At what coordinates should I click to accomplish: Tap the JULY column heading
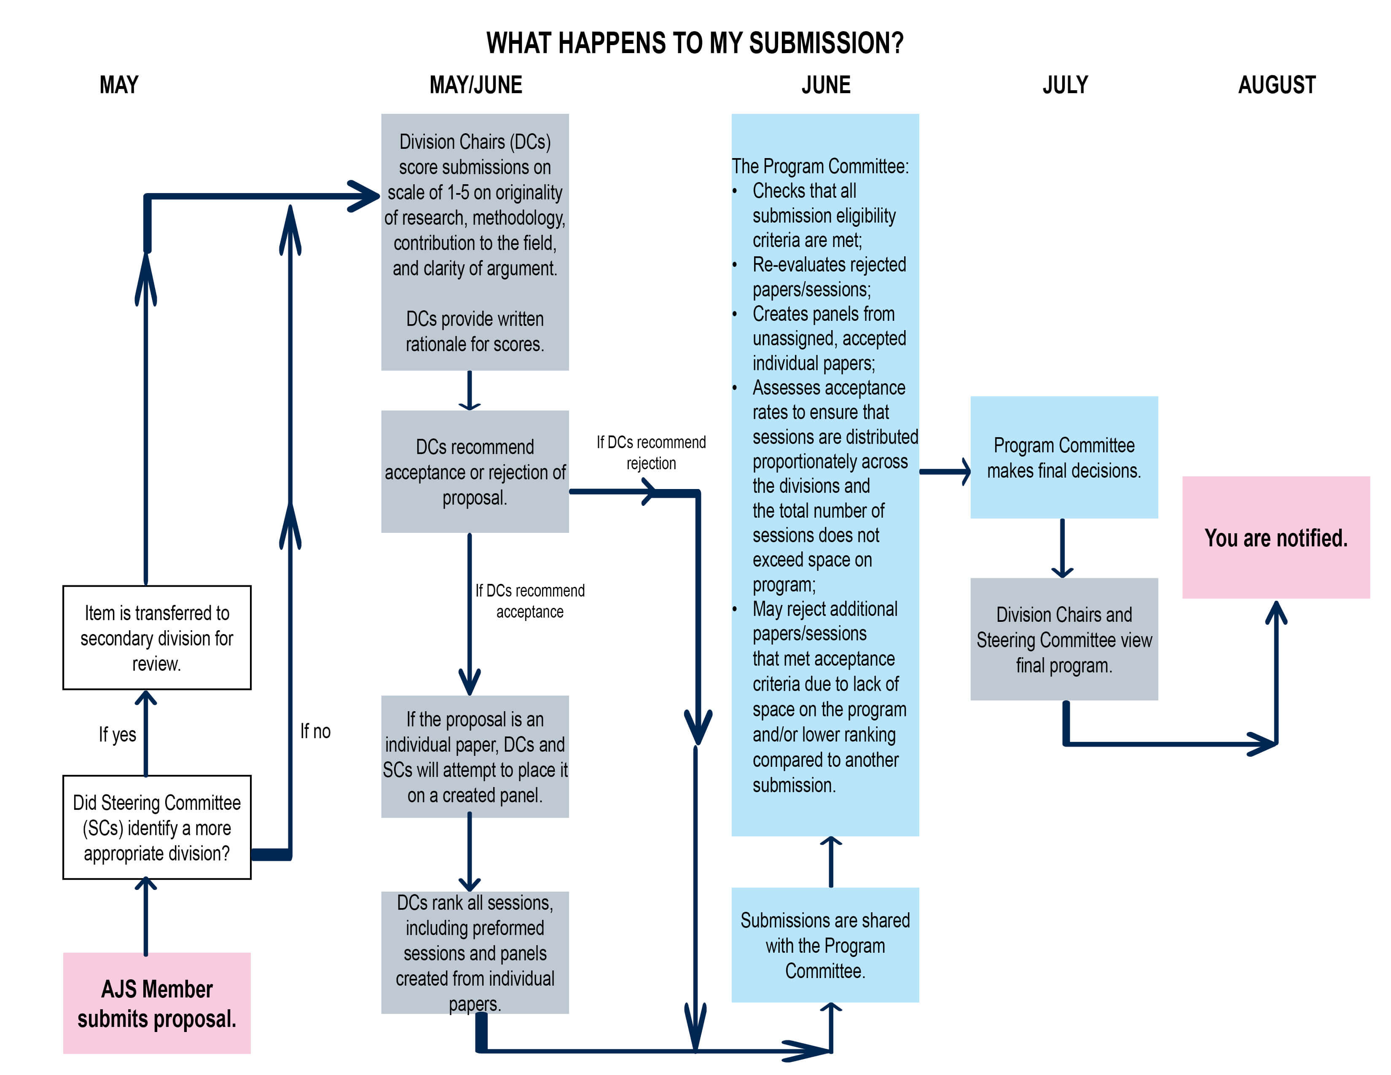[1065, 85]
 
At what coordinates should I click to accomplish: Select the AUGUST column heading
[1276, 85]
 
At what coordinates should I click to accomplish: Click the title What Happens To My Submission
[695, 43]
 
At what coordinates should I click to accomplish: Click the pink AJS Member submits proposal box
[157, 1003]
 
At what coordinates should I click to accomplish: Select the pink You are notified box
[1276, 537]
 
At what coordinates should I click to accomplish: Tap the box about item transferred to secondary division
[157, 637]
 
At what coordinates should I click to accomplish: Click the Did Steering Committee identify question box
[157, 827]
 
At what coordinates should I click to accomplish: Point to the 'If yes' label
[117, 734]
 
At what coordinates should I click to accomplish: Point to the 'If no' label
[315, 731]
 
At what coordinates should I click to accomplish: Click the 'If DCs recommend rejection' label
[651, 452]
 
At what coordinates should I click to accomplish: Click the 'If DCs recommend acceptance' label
[529, 601]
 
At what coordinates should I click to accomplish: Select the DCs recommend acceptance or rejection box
[475, 471]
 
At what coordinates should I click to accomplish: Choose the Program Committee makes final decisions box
[1063, 457]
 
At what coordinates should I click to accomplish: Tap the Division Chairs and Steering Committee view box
[1063, 640]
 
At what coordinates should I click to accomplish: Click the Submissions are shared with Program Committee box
[825, 945]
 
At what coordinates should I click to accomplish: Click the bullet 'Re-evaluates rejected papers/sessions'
[828, 277]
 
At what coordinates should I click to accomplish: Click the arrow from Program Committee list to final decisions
[945, 472]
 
